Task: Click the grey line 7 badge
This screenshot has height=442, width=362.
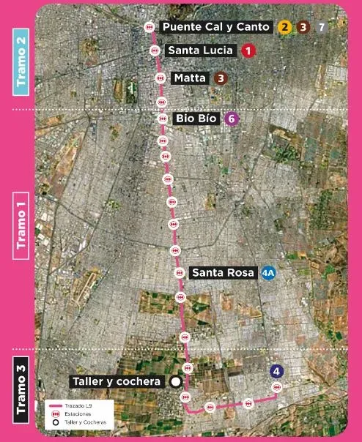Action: tap(321, 27)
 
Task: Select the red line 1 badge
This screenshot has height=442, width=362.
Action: tap(248, 50)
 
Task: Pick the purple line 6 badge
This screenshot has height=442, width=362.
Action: tap(232, 119)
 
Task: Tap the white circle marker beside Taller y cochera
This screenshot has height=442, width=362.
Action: tap(175, 381)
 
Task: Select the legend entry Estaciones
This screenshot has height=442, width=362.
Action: tap(76, 413)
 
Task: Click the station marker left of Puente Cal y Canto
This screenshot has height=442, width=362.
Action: tap(149, 26)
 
